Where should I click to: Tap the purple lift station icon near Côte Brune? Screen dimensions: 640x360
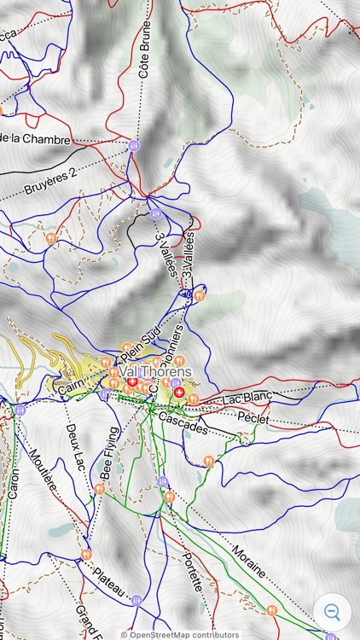[133, 146]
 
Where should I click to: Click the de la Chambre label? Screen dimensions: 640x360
[36, 138]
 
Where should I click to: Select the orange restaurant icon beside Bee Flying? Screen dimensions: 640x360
[100, 489]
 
